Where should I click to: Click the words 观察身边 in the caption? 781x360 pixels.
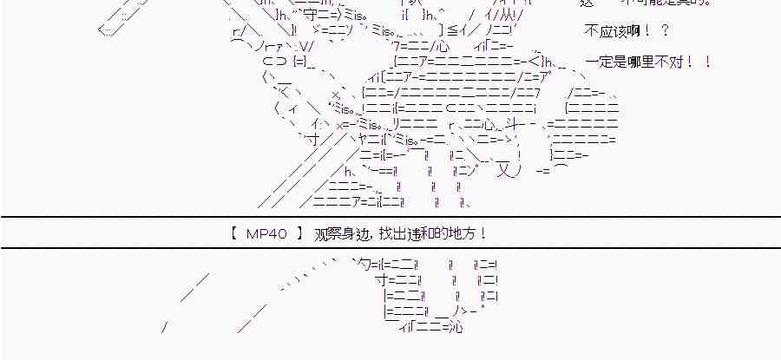coord(334,233)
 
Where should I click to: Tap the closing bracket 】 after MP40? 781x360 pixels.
coord(299,233)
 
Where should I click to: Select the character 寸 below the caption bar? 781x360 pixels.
coord(379,280)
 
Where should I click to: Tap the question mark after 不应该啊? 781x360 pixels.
coord(664,31)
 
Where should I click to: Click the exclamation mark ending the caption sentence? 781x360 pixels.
coord(482,233)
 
